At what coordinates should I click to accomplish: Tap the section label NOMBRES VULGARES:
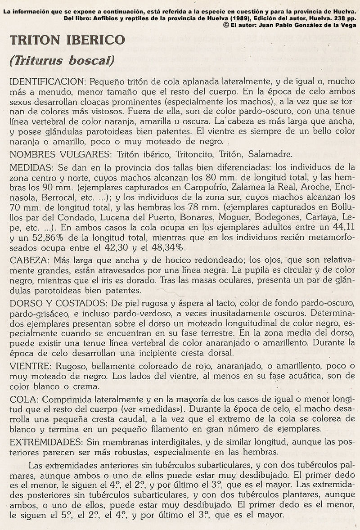59,154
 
